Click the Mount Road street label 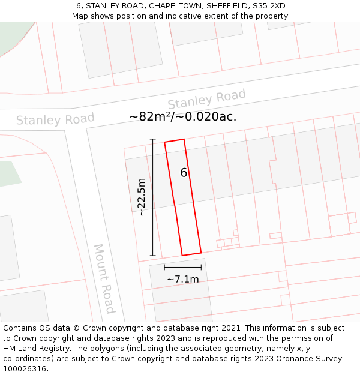pyautogui.click(x=104, y=278)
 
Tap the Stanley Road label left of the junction pyautogui.click(x=55, y=119)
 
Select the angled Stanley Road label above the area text pyautogui.click(x=206, y=100)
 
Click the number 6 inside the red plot pyautogui.click(x=184, y=173)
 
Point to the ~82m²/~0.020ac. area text pyautogui.click(x=183, y=116)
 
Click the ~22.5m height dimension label pyautogui.click(x=142, y=197)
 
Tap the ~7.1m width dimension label pyautogui.click(x=182, y=279)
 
